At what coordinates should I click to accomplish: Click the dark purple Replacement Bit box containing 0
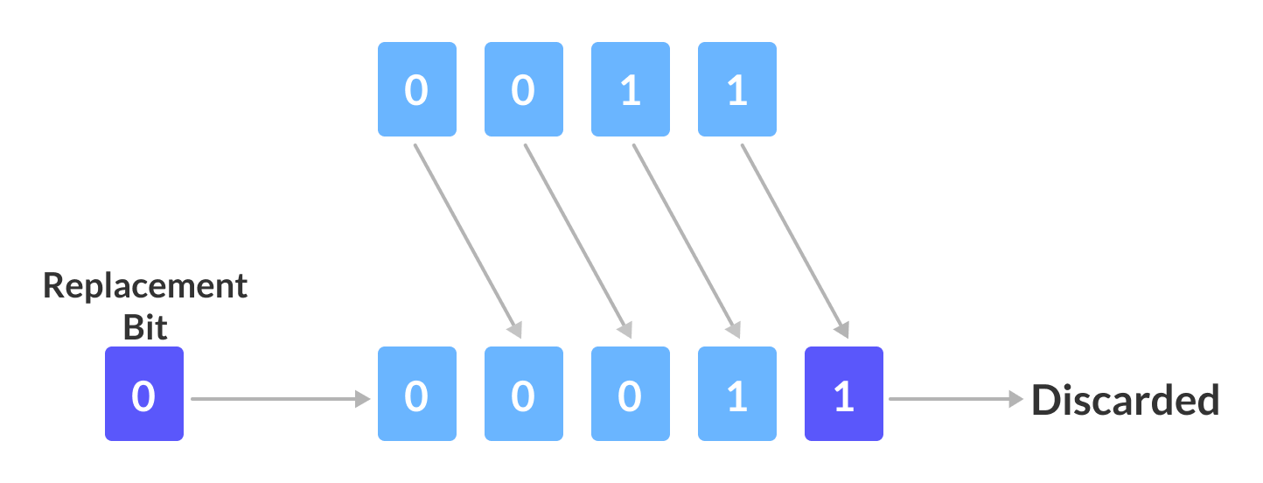[143, 394]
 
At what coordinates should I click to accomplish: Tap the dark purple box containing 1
[843, 394]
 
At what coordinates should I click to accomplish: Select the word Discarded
[1125, 400]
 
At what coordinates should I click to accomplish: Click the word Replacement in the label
[145, 286]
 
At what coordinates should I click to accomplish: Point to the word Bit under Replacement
[145, 326]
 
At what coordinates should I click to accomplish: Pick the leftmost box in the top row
[416, 89]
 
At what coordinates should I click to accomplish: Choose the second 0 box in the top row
[523, 89]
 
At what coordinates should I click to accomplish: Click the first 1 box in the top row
[630, 89]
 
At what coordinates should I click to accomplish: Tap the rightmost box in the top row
[736, 89]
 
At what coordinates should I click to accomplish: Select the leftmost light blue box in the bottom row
[416, 394]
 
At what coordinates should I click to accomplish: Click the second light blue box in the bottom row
[523, 394]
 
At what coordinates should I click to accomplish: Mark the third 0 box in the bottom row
[630, 394]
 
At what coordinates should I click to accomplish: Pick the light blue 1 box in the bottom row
[736, 394]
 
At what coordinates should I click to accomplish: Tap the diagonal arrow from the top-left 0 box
[467, 241]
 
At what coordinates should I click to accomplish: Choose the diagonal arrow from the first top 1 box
[686, 241]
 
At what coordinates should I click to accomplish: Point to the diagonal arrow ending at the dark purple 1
[794, 241]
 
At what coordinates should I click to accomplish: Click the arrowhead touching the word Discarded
[1015, 399]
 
